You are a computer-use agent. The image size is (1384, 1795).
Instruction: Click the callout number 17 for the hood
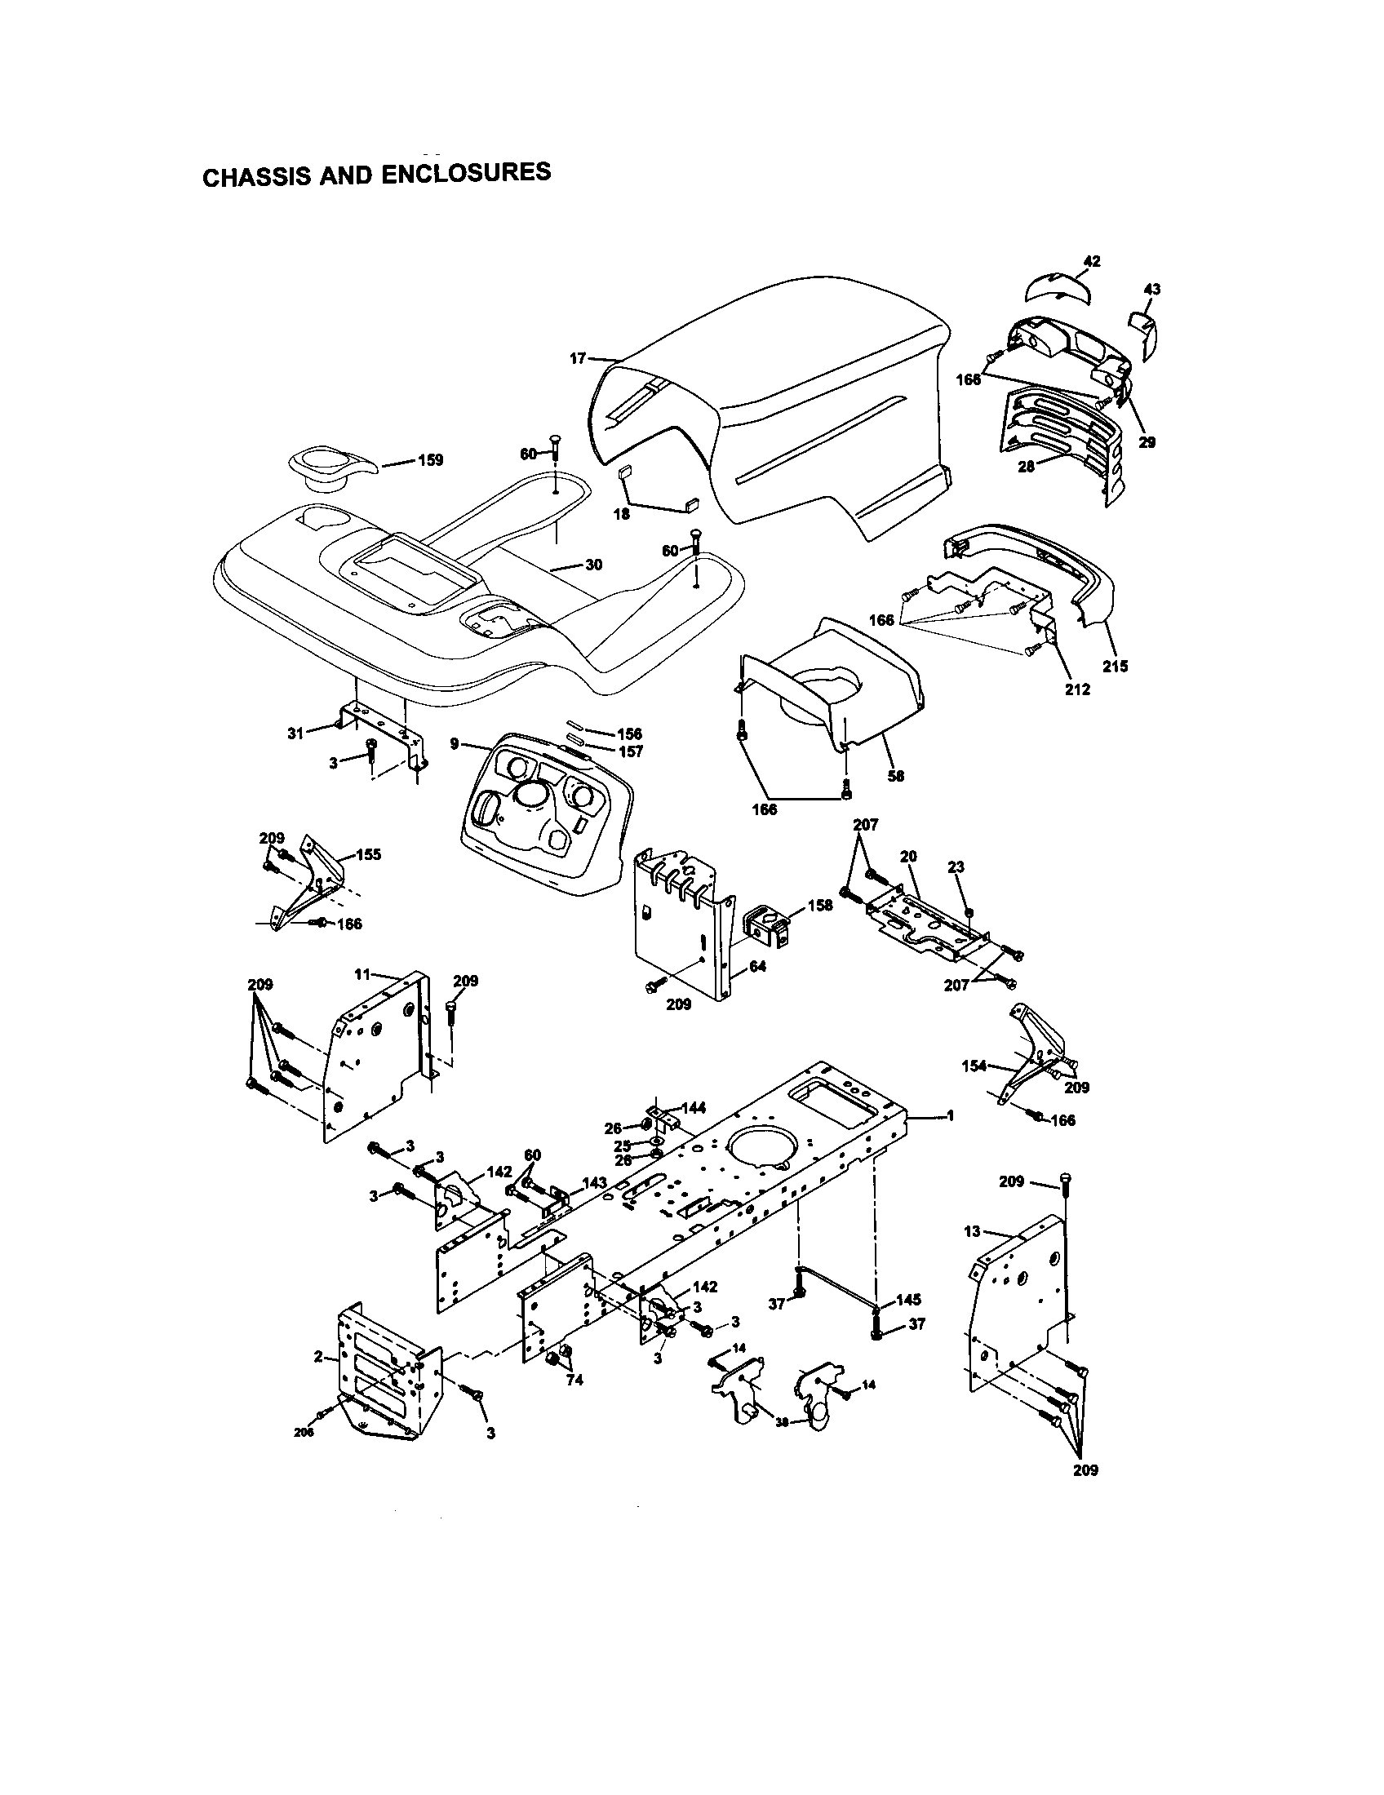coord(578,358)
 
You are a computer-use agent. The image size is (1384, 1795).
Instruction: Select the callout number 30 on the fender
coord(593,565)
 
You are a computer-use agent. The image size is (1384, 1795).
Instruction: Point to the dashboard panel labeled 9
coord(543,813)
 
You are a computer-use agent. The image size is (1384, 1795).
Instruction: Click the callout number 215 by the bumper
coord(1116,667)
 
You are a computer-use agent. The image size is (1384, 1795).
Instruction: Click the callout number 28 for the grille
coord(1026,468)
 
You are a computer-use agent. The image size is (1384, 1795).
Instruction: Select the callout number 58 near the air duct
coord(896,775)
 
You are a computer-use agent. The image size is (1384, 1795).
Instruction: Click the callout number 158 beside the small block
coord(819,905)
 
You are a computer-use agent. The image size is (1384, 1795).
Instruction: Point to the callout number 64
coord(758,967)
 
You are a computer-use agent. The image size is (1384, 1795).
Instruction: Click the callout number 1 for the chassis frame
coord(950,1115)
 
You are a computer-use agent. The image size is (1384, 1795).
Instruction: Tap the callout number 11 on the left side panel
coord(362,975)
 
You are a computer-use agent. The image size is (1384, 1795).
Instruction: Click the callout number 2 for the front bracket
coord(317,1356)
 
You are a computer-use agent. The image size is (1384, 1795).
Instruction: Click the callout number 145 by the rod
coord(908,1300)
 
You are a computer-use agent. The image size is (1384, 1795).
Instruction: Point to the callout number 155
coord(369,854)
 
